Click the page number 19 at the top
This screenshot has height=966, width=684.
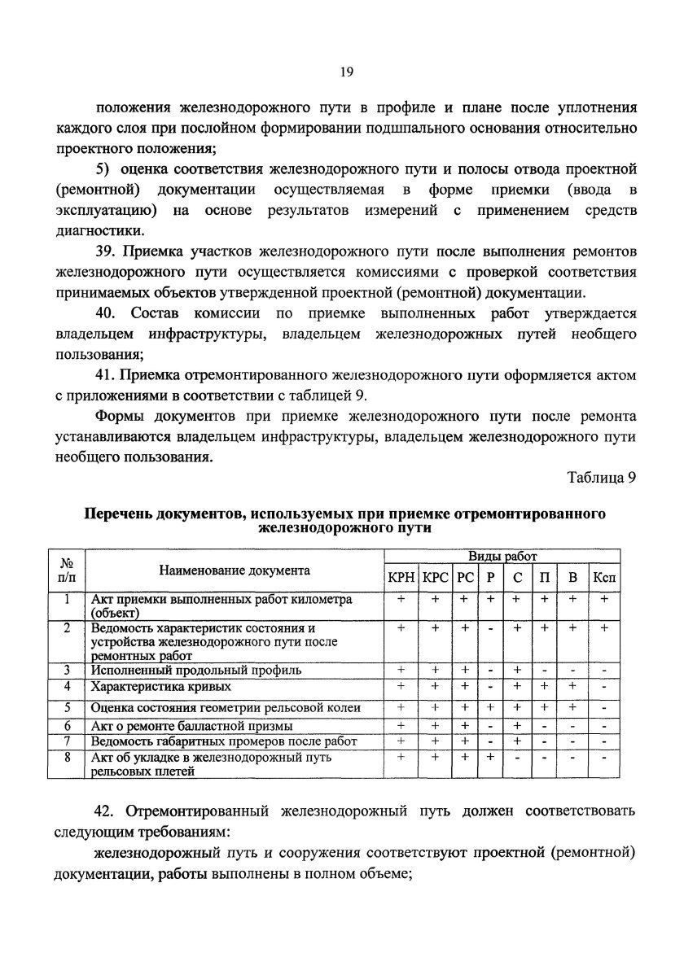(x=345, y=72)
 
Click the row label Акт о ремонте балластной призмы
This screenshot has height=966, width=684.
(x=192, y=726)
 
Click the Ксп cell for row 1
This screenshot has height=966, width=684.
(x=603, y=598)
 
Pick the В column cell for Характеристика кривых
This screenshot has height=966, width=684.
(x=573, y=688)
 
